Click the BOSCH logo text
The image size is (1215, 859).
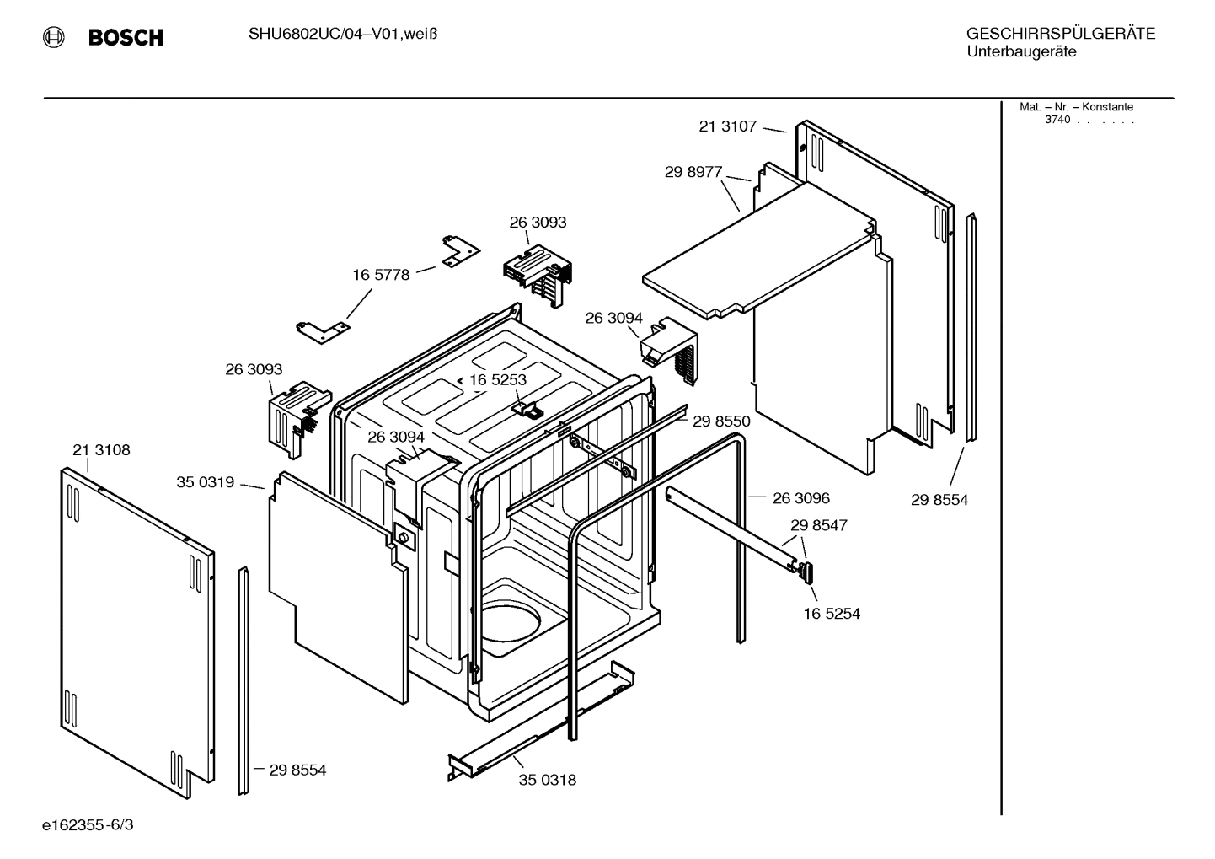tap(126, 38)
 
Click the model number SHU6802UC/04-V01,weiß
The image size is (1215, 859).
tap(342, 34)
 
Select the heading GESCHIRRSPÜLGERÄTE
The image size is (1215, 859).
tap(1060, 34)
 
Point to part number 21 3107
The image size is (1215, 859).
tap(727, 126)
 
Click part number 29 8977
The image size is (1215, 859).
tap(693, 172)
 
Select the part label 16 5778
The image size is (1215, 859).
tap(380, 275)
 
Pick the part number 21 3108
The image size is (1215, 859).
tap(101, 450)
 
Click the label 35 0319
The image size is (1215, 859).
tap(205, 482)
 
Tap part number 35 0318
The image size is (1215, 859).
tap(547, 780)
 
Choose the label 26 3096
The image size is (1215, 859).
tap(800, 498)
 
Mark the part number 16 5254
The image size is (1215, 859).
tap(831, 614)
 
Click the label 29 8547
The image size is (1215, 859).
tap(818, 525)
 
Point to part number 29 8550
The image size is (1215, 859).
tap(720, 421)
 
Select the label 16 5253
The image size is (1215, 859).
tap(497, 380)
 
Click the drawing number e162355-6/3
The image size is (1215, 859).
tap(88, 824)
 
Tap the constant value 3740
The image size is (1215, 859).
tap(1057, 120)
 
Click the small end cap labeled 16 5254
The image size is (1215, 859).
tap(808, 573)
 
